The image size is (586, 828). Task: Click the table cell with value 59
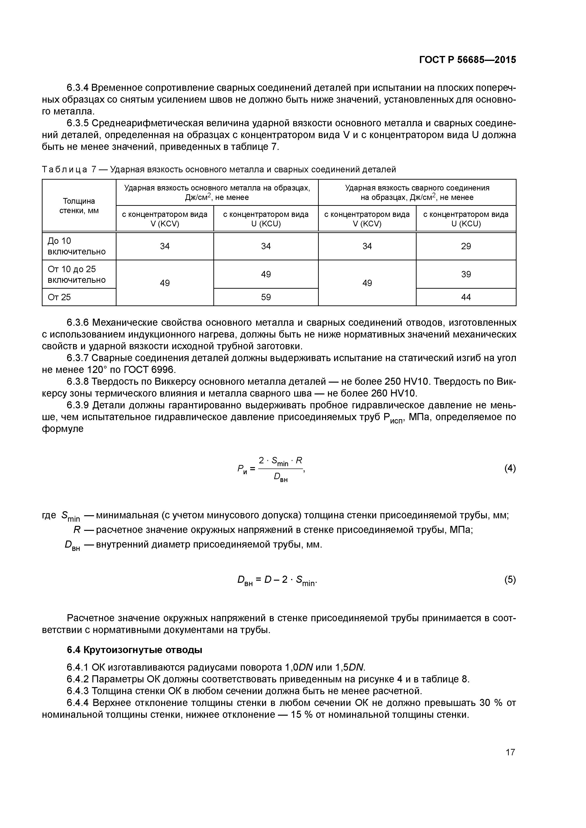tap(266, 297)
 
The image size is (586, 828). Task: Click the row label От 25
tap(60, 297)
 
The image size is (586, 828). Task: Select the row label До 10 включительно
tap(77, 246)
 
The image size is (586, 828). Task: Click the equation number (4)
tap(510, 469)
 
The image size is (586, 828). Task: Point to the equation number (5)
tap(510, 580)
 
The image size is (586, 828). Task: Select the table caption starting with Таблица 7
tap(219, 169)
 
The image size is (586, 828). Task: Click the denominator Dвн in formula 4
tap(280, 477)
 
